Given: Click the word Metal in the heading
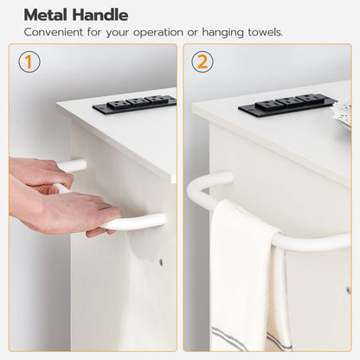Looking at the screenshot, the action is [46, 15].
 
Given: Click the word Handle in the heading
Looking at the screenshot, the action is [100, 15].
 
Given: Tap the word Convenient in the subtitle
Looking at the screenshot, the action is [54, 32].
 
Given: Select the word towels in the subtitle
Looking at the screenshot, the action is [266, 32].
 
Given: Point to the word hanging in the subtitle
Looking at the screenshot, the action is [222, 33].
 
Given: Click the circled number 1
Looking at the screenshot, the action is [29, 61].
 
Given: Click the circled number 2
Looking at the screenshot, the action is [202, 61].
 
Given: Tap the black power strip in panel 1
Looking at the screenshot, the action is [135, 104].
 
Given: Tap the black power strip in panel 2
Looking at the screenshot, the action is [287, 105].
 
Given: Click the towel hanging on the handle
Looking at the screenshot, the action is [249, 277].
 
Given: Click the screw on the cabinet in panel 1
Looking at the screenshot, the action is [161, 262].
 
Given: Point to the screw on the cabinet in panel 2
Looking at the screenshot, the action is [349, 290].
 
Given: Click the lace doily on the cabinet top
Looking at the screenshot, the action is [343, 112].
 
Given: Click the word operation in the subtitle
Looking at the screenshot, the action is [158, 33].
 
